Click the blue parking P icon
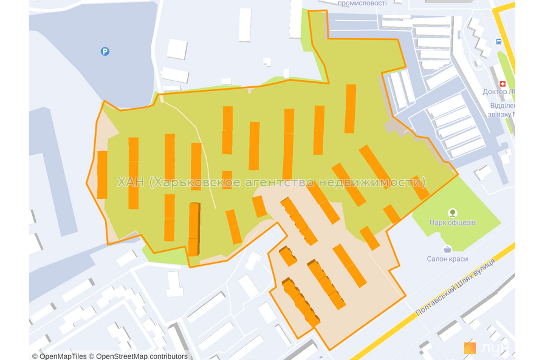tap(105, 52)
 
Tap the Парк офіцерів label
tap(452, 223)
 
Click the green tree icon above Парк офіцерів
tap(452, 212)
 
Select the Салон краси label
tap(447, 259)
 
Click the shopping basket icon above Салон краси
tap(447, 249)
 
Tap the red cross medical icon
tap(502, 84)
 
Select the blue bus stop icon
tap(499, 42)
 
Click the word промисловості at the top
tap(362, 3)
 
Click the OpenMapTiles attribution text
tap(60, 356)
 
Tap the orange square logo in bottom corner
tap(470, 348)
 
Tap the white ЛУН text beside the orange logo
tap(494, 348)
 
